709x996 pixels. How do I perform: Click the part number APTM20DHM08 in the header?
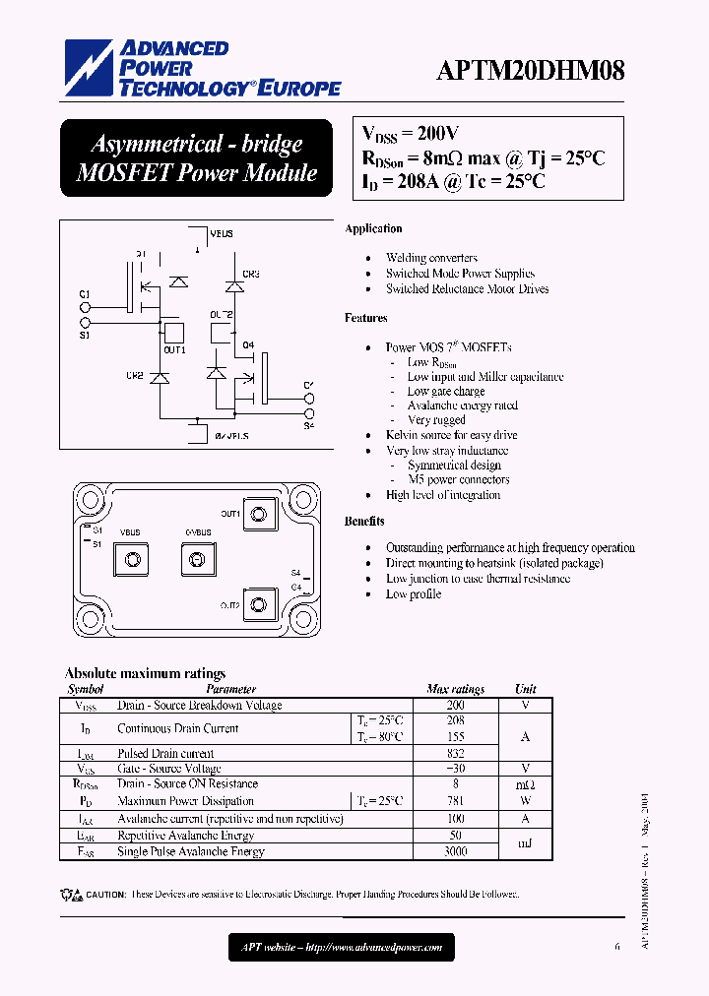[x=531, y=71]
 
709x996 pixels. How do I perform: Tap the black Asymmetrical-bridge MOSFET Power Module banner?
[x=196, y=158]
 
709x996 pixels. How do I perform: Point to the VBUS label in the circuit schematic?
[x=222, y=234]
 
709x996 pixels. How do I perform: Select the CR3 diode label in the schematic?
[x=251, y=274]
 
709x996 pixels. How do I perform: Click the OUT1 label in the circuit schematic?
[x=174, y=350]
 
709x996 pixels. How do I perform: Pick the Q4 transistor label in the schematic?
[x=248, y=344]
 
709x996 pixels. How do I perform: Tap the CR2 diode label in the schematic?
[x=135, y=376]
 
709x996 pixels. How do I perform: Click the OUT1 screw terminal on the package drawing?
[x=259, y=514]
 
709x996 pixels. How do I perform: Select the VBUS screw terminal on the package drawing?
[x=130, y=560]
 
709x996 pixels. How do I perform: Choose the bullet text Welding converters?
[x=431, y=258]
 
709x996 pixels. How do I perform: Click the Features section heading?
[x=365, y=318]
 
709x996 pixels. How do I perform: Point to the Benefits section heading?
[x=364, y=521]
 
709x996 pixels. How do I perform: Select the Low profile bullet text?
[x=414, y=594]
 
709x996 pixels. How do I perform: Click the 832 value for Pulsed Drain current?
[x=455, y=753]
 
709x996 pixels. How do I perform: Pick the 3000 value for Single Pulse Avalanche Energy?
[x=455, y=850]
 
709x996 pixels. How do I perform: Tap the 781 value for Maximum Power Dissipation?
[x=455, y=801]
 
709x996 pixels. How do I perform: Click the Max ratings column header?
[x=455, y=690]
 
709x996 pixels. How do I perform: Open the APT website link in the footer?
[x=343, y=948]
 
